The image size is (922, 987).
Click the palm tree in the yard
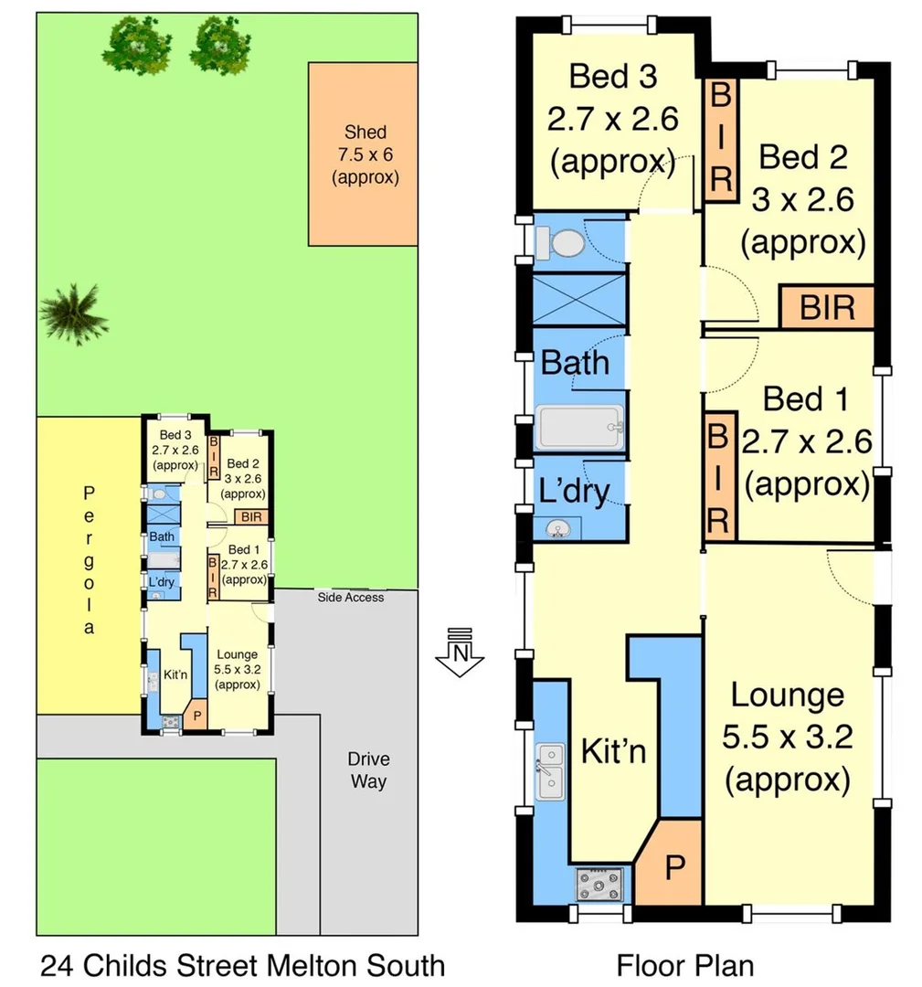coord(73,313)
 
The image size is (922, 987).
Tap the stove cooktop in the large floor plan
coord(599,884)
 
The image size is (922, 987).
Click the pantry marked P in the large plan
coord(673,865)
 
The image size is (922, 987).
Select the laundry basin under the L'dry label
coord(559,527)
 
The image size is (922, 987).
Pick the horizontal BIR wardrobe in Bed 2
coord(827,307)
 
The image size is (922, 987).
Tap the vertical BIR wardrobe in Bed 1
coord(718,476)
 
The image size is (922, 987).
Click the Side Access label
coord(351,598)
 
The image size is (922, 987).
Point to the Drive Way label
coord(368,769)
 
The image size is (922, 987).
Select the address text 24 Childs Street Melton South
coord(242,964)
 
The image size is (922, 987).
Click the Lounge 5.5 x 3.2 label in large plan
coord(787,738)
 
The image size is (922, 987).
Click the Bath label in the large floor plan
coord(576,363)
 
